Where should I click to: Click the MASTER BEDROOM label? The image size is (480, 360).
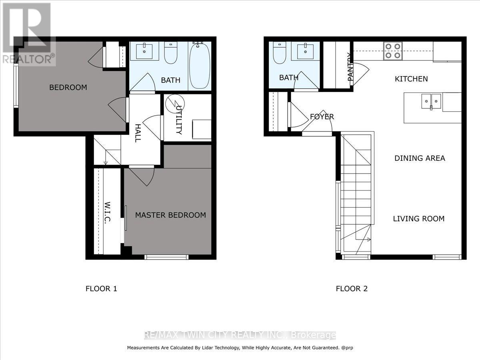point(170,215)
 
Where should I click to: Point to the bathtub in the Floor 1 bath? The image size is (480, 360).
point(199,66)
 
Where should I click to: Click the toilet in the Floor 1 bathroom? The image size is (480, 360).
point(171,54)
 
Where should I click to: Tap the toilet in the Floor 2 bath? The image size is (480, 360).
point(279,54)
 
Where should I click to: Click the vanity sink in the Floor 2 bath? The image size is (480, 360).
point(305,51)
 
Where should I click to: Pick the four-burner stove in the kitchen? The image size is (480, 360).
point(392,51)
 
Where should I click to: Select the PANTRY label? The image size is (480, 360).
point(350,67)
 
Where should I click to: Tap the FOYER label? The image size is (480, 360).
point(322,117)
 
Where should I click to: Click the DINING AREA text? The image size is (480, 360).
point(420,158)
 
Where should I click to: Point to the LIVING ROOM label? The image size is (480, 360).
point(419,218)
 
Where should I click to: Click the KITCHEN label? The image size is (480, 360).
point(411,79)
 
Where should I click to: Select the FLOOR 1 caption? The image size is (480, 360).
point(101,288)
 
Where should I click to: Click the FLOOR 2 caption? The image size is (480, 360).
point(351,288)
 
